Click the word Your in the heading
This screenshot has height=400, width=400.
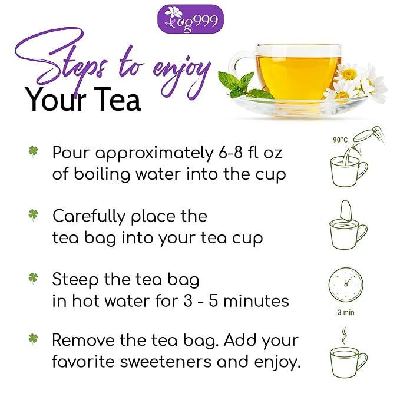(52, 100)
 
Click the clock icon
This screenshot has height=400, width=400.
(346, 285)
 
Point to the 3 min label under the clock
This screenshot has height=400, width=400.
(346, 312)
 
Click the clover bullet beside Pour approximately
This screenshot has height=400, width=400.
(33, 152)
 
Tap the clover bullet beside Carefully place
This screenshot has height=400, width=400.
(33, 215)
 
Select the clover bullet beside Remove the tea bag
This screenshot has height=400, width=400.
(33, 339)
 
